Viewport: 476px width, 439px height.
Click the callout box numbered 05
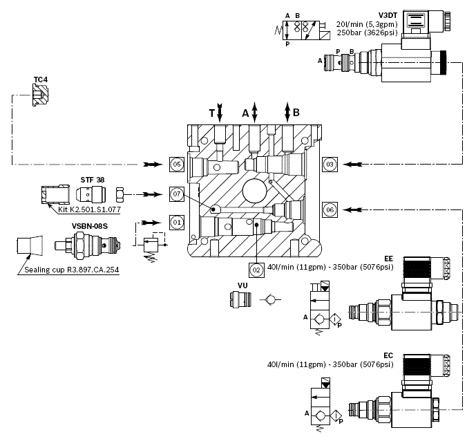pyautogui.click(x=178, y=165)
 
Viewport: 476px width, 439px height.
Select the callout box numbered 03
pyautogui.click(x=330, y=165)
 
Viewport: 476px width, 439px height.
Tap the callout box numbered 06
pyautogui.click(x=330, y=209)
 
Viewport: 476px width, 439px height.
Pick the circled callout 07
pyautogui.click(x=178, y=194)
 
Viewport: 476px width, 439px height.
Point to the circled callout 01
pyautogui.click(x=178, y=223)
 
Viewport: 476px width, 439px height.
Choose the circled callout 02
pyautogui.click(x=256, y=270)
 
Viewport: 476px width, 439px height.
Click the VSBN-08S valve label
pyautogui.click(x=89, y=225)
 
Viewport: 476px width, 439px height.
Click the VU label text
pyautogui.click(x=242, y=285)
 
